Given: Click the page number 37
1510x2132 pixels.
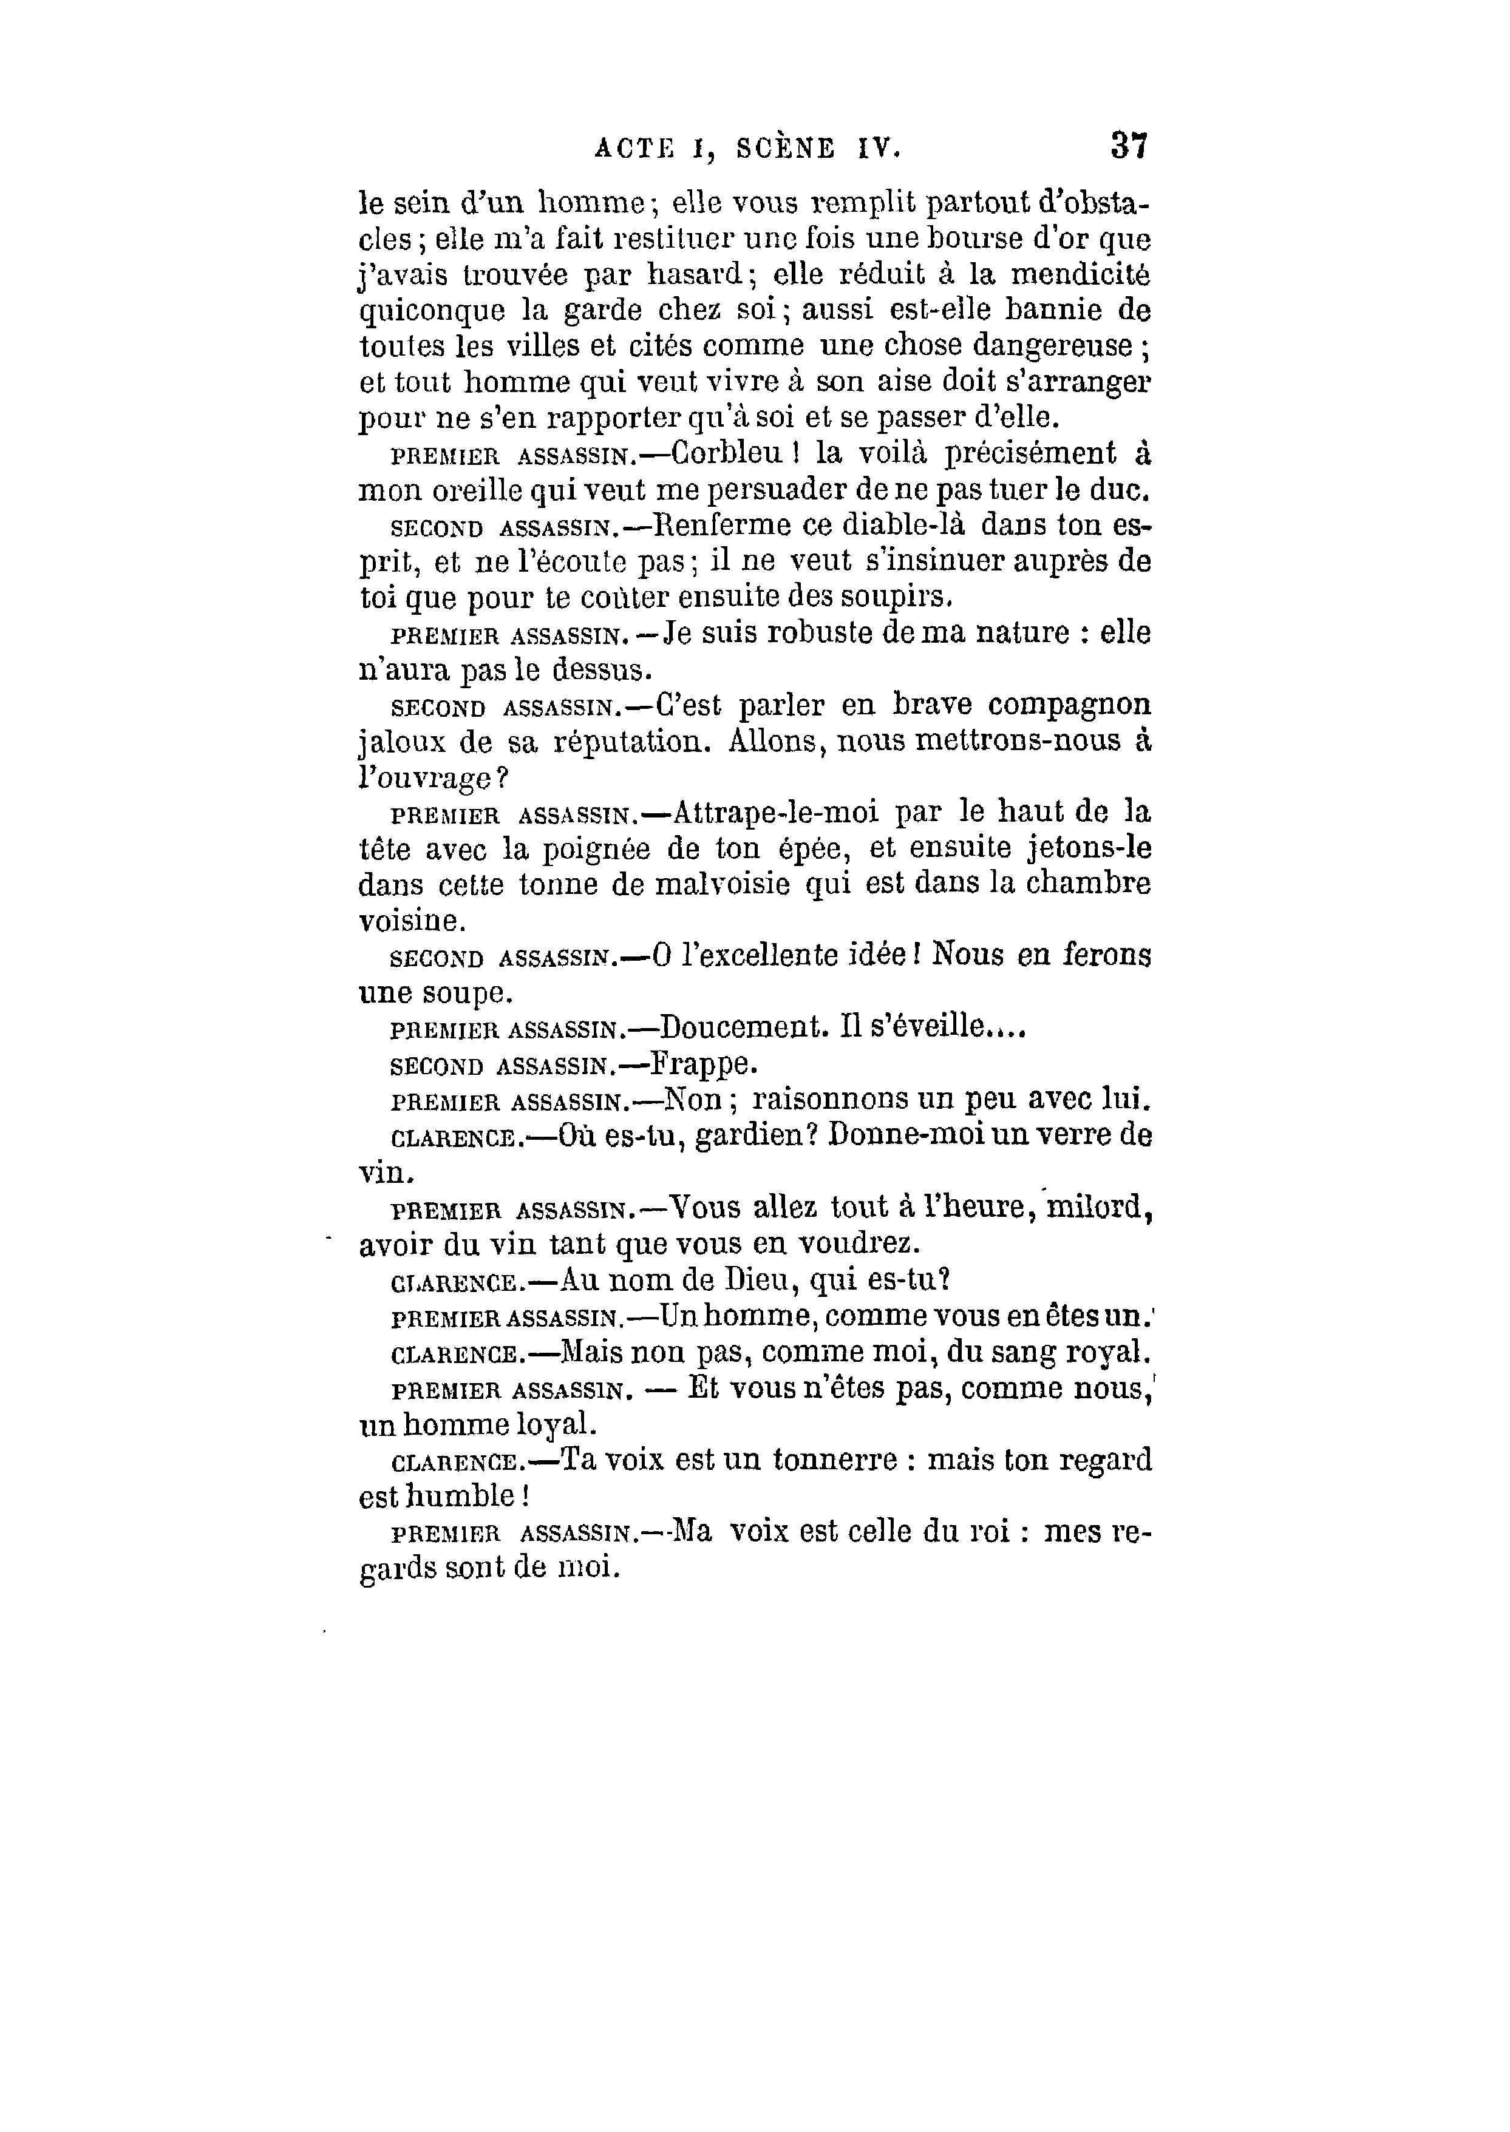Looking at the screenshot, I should coord(1129,146).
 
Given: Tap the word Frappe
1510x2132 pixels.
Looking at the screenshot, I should coord(704,1063).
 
